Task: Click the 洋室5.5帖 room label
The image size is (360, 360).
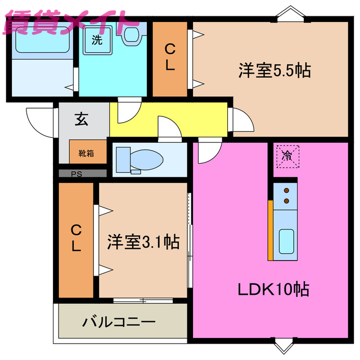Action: click(x=274, y=71)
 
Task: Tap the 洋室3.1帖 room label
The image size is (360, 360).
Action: click(x=143, y=242)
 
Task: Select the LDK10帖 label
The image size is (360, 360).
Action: click(x=273, y=290)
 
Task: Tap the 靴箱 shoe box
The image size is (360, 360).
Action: click(x=86, y=152)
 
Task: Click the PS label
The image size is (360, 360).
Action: click(x=76, y=173)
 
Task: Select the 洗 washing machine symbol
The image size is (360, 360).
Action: click(x=97, y=41)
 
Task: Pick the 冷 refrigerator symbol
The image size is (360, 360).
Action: click(x=287, y=154)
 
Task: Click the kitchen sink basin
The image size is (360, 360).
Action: click(x=287, y=242)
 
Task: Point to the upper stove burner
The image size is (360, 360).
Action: click(x=286, y=191)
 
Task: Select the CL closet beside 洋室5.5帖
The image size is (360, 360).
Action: click(x=170, y=57)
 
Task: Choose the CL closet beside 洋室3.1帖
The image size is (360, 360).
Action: click(x=76, y=238)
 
